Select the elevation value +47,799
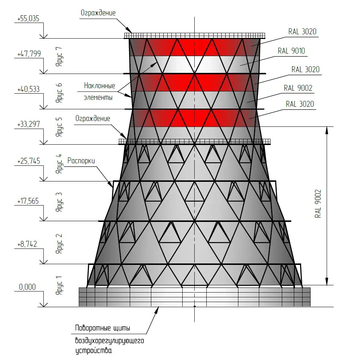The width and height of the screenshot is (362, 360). pyautogui.click(x=29, y=54)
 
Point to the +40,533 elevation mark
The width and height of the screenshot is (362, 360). pyautogui.click(x=28, y=89)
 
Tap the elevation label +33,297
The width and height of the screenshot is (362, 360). pyautogui.click(x=28, y=125)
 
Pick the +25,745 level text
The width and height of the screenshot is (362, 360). pyautogui.click(x=28, y=161)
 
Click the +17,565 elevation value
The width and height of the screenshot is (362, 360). pyautogui.click(x=28, y=201)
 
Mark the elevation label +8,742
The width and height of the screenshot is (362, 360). pyautogui.click(x=27, y=244)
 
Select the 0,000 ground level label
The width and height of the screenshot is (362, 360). pyautogui.click(x=27, y=287)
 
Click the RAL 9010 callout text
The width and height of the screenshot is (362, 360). pyautogui.click(x=291, y=51)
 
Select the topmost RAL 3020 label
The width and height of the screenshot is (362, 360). pyautogui.click(x=302, y=32)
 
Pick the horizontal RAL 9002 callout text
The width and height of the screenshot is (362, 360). pyautogui.click(x=298, y=88)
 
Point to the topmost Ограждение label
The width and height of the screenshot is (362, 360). pyautogui.click(x=98, y=13)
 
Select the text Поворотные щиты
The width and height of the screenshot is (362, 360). pyautogui.click(x=102, y=328)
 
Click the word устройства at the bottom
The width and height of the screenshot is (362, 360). pyautogui.click(x=94, y=351)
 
